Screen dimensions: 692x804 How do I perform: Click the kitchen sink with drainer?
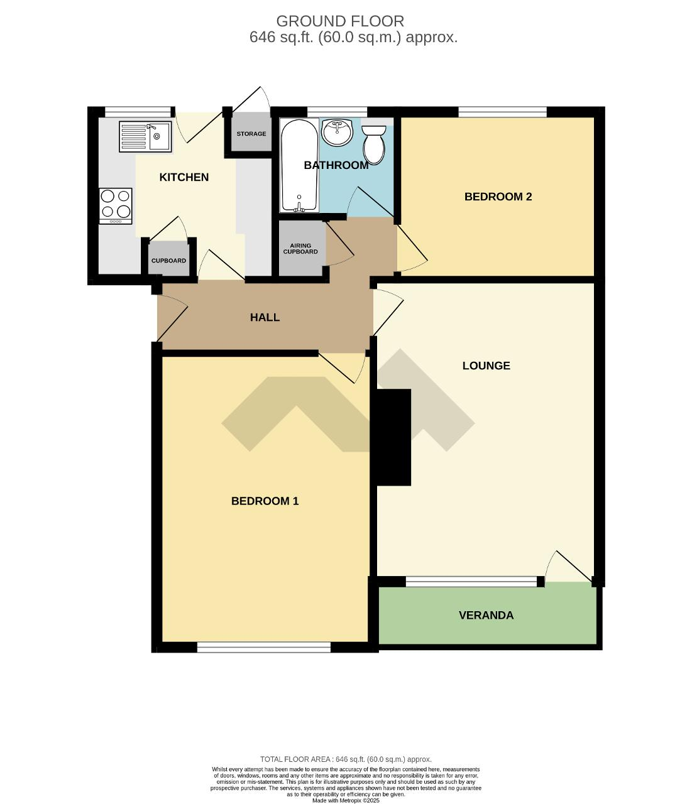click(145, 136)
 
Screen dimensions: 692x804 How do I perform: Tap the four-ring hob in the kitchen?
click(116, 206)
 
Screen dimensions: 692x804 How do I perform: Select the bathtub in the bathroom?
click(299, 165)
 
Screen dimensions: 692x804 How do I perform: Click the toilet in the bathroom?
click(373, 144)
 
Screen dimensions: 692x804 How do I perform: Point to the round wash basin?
click(337, 133)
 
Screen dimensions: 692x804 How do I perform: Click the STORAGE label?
click(251, 133)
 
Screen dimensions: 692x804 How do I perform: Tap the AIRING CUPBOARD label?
click(300, 249)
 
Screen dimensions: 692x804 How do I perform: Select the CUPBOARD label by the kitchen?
click(168, 261)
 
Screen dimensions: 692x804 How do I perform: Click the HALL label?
click(265, 317)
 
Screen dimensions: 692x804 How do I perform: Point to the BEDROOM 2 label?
click(498, 197)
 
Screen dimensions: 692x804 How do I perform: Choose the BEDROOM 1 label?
click(265, 501)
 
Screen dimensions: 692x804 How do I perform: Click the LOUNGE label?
click(486, 366)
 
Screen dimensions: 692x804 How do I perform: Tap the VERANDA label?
click(486, 616)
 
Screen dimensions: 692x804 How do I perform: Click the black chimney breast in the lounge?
click(393, 437)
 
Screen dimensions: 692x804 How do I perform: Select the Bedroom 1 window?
click(264, 647)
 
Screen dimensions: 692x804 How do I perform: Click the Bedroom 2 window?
click(502, 112)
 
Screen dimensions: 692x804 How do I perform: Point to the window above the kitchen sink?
click(138, 112)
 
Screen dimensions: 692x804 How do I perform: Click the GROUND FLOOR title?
click(340, 21)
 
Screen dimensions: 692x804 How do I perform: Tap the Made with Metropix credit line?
click(346, 800)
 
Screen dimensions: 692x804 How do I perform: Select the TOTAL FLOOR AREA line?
click(346, 759)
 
